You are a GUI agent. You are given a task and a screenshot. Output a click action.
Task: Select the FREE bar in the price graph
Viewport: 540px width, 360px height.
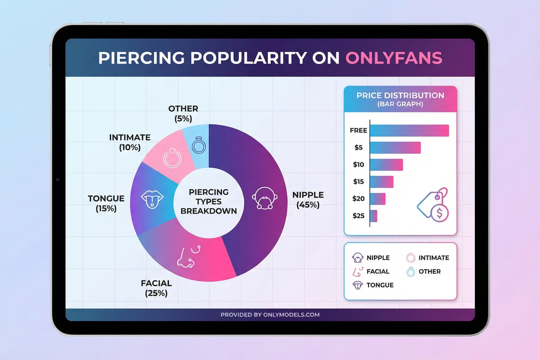point(409,130)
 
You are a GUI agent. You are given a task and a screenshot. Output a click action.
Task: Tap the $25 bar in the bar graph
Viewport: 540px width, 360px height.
point(373,216)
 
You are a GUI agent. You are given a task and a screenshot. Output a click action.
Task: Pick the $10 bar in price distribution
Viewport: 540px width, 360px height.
point(386,165)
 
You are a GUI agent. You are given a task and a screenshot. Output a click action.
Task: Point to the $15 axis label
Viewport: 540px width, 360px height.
point(359,181)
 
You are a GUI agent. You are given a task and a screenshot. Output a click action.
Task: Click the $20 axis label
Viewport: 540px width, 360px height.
point(359,198)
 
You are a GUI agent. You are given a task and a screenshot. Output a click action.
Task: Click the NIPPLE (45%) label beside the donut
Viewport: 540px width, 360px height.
point(308,199)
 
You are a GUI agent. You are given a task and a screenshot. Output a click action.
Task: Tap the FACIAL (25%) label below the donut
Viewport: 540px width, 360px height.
point(156,288)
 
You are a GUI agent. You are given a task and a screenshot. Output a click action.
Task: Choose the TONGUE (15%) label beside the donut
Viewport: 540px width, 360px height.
point(106,203)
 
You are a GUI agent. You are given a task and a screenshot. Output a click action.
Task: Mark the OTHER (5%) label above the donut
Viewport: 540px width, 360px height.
point(183,113)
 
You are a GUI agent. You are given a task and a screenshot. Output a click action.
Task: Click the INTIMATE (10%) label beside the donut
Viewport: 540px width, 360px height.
point(130,142)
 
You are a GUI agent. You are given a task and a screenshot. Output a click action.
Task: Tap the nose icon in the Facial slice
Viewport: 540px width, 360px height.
point(186,257)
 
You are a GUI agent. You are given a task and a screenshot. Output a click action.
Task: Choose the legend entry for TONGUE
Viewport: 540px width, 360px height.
point(373,285)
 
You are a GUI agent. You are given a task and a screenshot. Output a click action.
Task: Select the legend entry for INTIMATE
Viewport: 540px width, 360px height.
point(427,257)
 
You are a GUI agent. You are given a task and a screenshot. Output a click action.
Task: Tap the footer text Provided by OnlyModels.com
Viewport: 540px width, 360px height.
point(270,315)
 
